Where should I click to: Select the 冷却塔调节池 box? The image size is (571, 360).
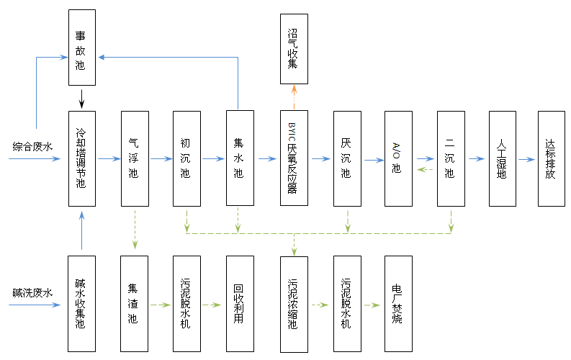point(81,158)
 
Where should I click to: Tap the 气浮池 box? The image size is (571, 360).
point(135,158)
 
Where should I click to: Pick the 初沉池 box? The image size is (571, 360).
point(186,158)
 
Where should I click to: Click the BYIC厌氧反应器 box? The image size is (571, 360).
point(293,158)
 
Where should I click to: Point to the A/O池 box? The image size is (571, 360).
point(398,158)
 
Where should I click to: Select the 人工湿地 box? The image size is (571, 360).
point(503,158)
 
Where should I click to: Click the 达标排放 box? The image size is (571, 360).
point(552,158)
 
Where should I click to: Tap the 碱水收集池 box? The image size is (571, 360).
point(81,304)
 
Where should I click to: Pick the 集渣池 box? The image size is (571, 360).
point(135,304)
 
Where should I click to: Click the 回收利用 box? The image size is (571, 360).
point(240,304)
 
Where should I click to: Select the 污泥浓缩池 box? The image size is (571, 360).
point(293,304)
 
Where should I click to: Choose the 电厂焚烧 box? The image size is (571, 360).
point(398,304)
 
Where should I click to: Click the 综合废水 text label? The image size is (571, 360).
point(32,147)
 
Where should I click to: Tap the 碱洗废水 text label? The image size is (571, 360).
point(32,293)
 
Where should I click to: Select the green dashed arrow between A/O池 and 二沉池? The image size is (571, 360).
point(425,170)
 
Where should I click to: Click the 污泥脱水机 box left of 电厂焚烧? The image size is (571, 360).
point(346,304)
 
